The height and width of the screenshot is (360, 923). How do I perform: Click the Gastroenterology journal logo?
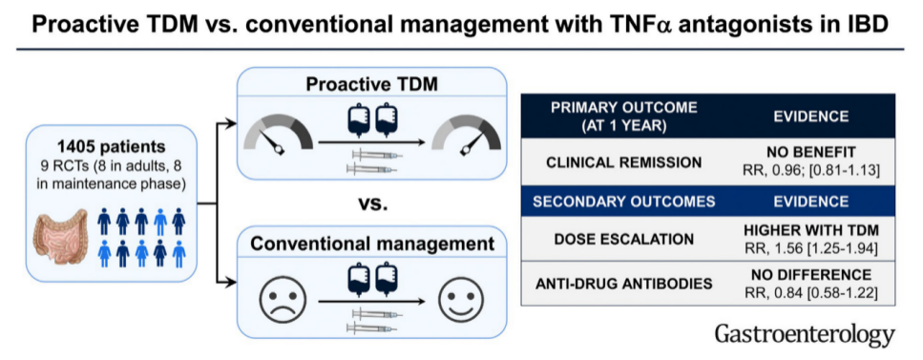(x=805, y=334)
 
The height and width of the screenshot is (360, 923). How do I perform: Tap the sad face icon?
(x=283, y=301)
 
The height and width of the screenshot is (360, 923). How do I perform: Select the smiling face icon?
(x=462, y=301)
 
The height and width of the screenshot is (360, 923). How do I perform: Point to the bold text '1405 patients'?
(x=112, y=145)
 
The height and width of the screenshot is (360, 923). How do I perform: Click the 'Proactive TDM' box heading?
(x=371, y=84)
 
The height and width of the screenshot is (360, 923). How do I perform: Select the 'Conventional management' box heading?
(x=372, y=243)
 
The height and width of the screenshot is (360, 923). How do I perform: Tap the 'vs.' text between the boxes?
(x=373, y=203)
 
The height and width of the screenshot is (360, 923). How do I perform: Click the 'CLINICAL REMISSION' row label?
(x=624, y=162)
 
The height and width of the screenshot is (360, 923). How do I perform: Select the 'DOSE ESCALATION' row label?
(x=624, y=240)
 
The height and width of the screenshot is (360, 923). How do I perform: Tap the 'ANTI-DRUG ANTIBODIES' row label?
(x=624, y=284)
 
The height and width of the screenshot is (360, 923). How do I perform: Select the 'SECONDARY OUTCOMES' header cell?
(x=624, y=201)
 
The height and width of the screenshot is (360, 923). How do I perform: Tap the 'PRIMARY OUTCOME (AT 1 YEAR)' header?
(x=624, y=116)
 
